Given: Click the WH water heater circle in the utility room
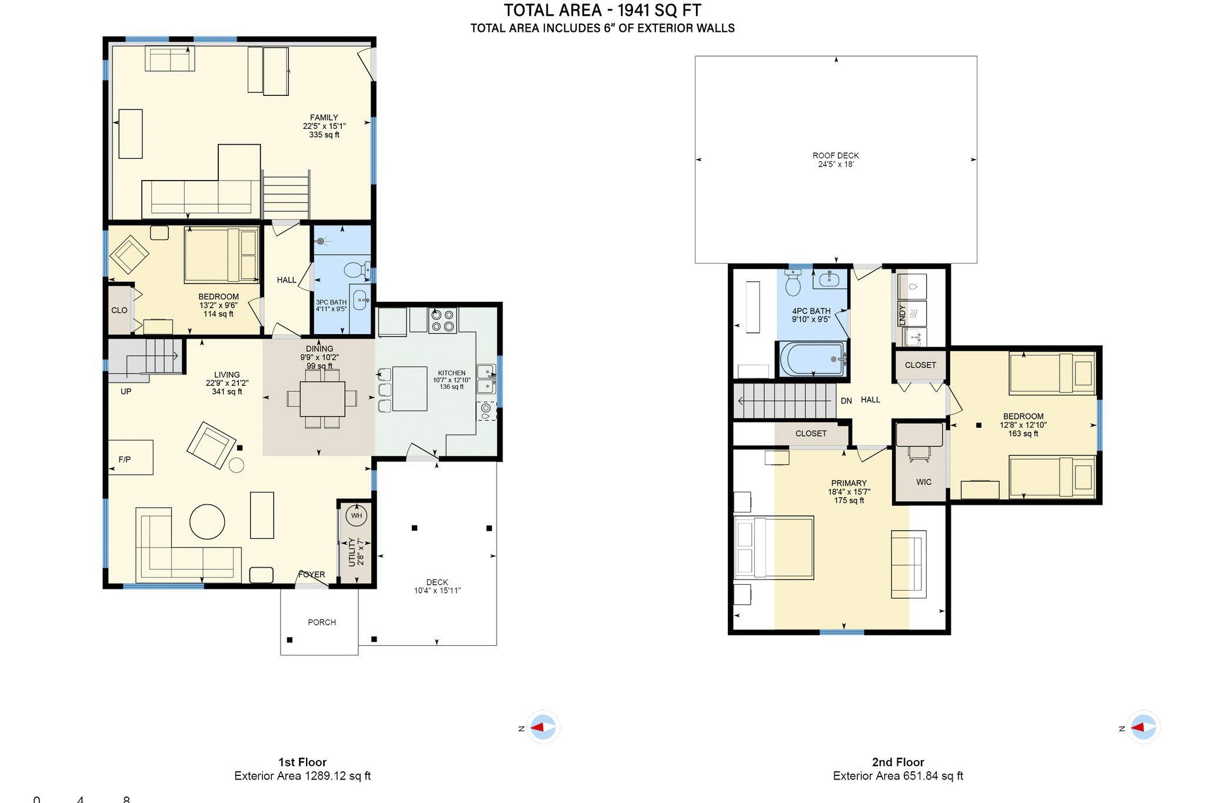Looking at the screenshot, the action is click(x=357, y=516).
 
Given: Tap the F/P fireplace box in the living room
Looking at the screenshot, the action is click(x=131, y=457).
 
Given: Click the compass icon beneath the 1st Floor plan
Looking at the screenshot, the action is click(x=542, y=728).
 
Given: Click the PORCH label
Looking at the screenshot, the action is click(x=322, y=622).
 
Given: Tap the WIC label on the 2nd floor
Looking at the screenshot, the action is click(x=924, y=482).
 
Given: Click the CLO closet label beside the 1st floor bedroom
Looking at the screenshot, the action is click(x=119, y=310).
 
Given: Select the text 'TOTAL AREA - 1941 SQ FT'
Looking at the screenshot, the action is click(x=602, y=11).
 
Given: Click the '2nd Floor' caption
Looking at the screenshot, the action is click(x=898, y=762).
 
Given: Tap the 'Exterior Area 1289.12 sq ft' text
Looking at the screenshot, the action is click(x=302, y=776).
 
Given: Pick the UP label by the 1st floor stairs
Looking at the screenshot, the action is click(x=126, y=391).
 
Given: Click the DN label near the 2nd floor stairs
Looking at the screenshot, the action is click(x=846, y=401).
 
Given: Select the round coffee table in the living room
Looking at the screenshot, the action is click(x=207, y=521).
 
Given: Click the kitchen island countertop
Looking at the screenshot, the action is click(x=410, y=388).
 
